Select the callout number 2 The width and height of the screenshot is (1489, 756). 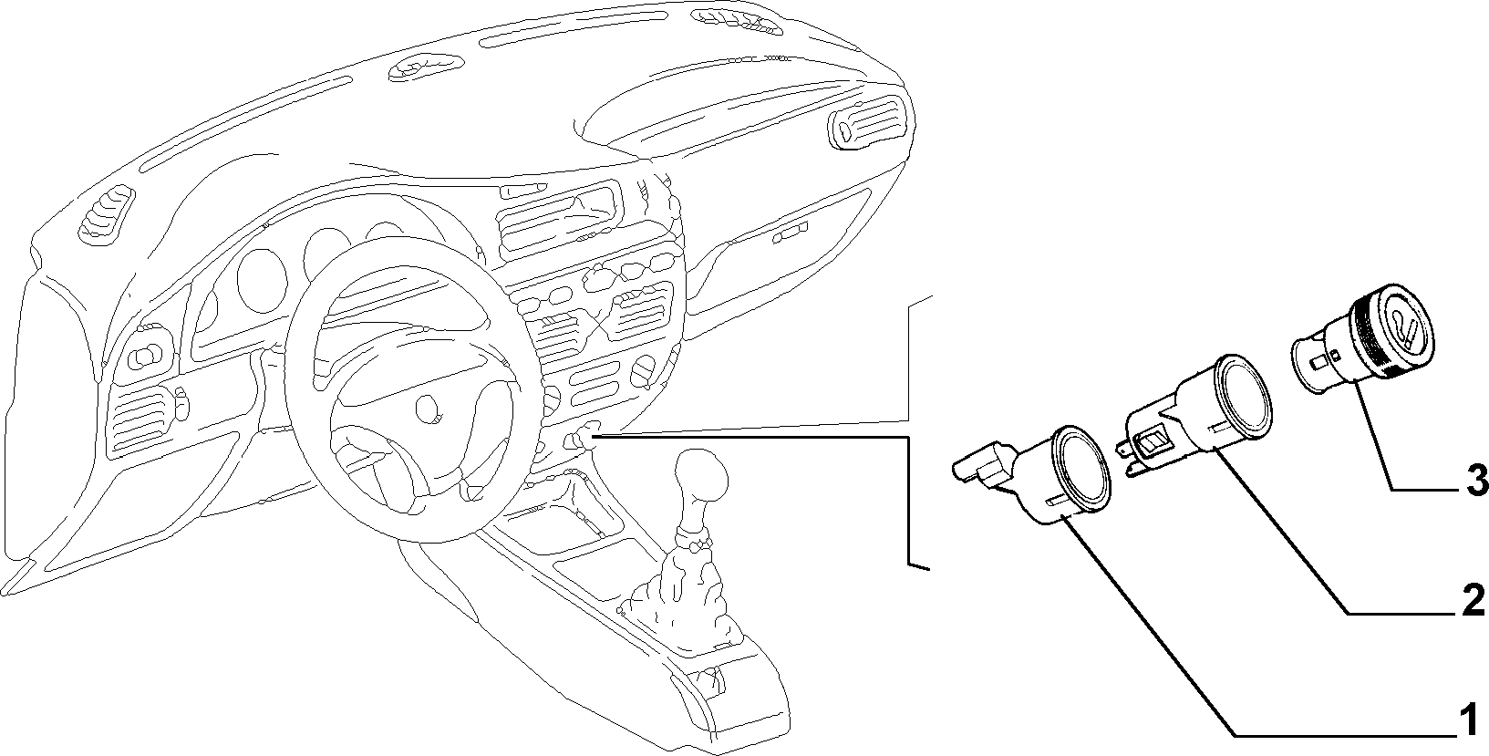[1471, 601]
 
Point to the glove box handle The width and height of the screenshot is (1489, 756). [791, 232]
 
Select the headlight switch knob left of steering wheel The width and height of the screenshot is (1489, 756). [149, 356]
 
